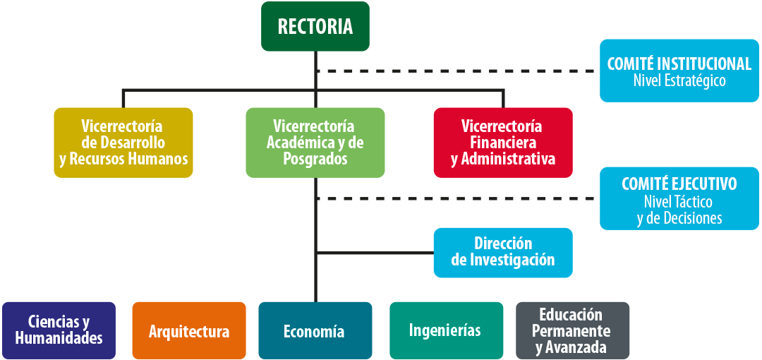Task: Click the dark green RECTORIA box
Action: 315,26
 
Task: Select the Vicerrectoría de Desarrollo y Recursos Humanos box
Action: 123,143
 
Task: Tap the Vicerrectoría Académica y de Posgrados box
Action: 315,143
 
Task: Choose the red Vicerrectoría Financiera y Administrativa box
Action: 503,143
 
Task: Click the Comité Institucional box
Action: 679,71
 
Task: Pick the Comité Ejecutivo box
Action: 679,198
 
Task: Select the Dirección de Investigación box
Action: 503,253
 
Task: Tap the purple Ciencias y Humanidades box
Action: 59,331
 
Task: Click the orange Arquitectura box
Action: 189,331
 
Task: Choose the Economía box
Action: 315,331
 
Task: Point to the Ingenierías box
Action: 446,331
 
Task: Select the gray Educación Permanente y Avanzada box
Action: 572,331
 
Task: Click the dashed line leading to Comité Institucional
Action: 456,71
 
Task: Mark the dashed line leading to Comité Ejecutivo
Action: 456,198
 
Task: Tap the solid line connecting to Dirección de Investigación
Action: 375,253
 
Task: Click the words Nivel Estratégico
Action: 679,80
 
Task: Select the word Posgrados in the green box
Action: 315,159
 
